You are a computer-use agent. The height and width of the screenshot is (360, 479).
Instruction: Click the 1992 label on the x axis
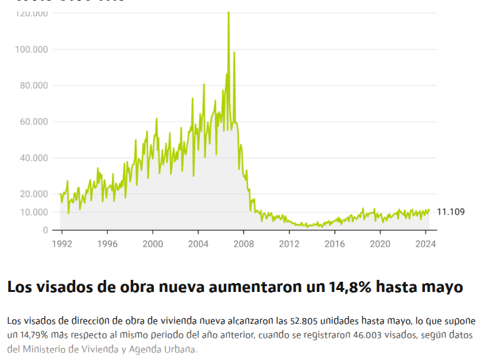(62, 244)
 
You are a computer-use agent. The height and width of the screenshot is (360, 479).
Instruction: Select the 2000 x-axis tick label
(153, 244)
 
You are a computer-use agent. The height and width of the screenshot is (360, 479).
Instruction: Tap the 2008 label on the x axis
(244, 244)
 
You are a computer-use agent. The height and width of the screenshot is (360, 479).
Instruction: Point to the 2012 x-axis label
(289, 244)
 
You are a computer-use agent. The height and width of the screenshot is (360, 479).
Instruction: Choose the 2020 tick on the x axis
(380, 244)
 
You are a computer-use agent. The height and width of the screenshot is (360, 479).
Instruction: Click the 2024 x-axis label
(425, 244)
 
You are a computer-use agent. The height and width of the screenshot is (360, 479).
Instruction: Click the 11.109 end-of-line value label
(451, 212)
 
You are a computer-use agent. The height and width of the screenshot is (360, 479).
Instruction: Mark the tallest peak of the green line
(228, 12)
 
